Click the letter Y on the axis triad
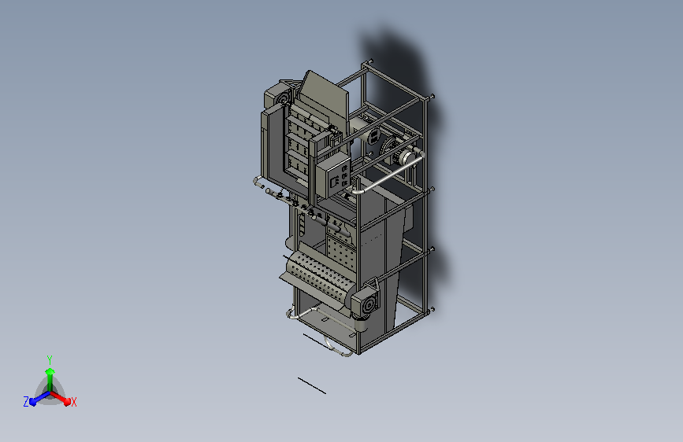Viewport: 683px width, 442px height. point(50,359)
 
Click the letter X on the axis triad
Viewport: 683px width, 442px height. point(73,402)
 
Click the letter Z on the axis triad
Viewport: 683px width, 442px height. point(26,402)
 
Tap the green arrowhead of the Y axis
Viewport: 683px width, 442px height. point(50,371)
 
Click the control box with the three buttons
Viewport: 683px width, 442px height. point(334,176)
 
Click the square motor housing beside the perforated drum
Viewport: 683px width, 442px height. point(366,301)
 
